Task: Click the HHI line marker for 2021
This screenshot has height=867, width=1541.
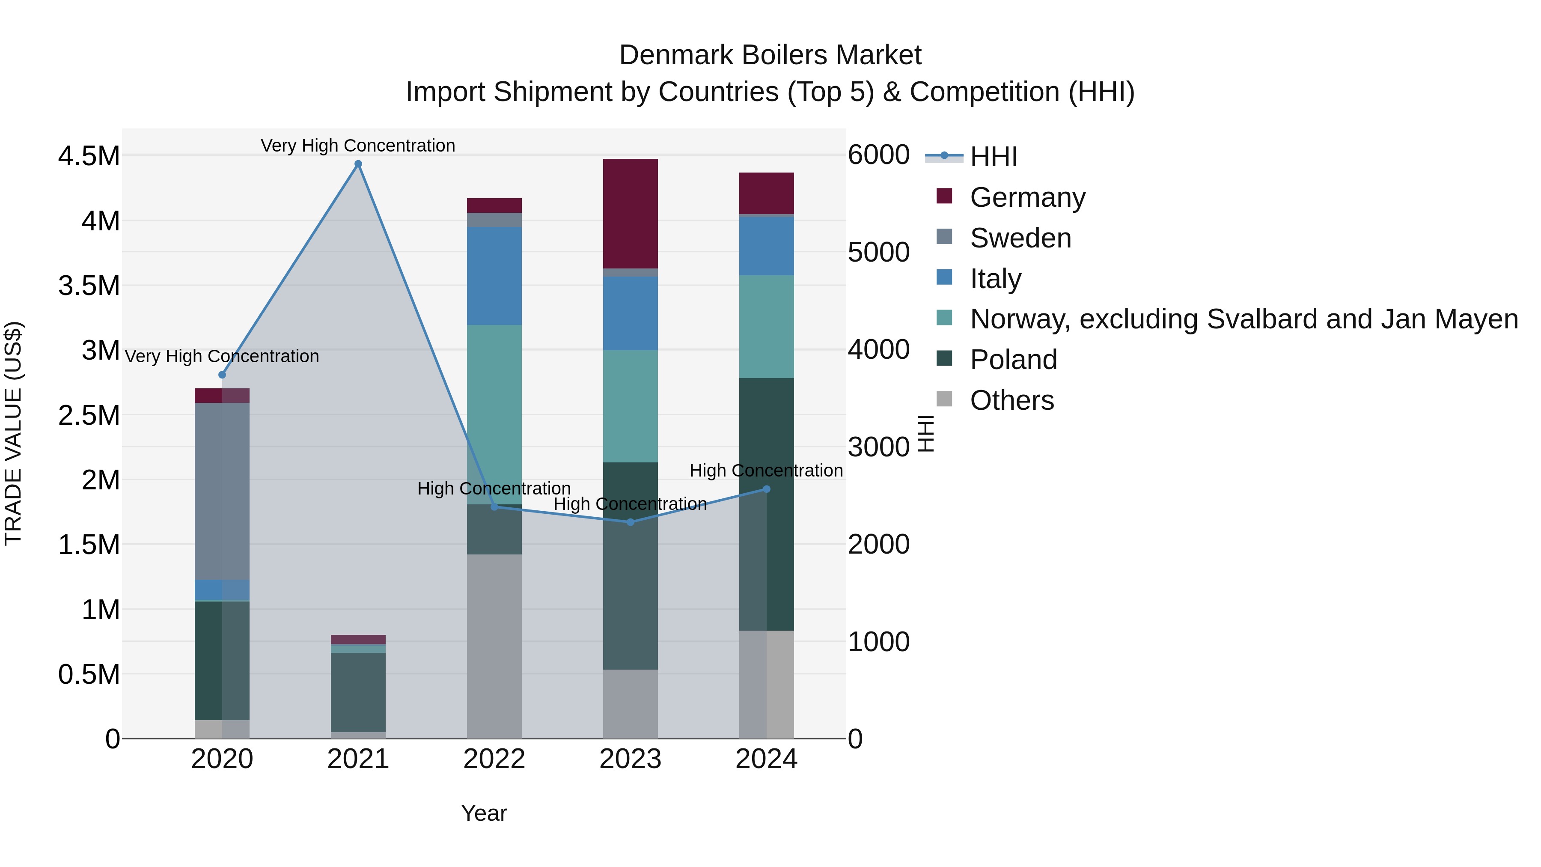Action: point(358,164)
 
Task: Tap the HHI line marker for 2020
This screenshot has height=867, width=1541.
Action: point(222,375)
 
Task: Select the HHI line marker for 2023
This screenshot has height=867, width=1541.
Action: point(630,522)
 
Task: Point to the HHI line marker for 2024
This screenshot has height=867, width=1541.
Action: point(766,489)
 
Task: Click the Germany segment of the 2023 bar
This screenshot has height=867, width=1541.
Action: point(630,214)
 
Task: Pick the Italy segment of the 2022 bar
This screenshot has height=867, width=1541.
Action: point(494,276)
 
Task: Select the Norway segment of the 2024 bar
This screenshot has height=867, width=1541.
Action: point(766,326)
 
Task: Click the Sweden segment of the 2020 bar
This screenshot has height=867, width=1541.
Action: point(222,491)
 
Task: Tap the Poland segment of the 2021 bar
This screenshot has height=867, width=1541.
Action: point(358,692)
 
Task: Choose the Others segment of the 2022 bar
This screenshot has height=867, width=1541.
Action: point(494,646)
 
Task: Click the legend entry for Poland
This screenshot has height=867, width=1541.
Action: point(1013,360)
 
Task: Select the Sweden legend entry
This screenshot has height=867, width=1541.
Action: point(1020,238)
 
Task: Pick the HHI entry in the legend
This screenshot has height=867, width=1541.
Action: point(993,157)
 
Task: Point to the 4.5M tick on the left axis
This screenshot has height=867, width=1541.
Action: point(89,156)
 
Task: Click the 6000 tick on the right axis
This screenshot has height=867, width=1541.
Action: point(878,155)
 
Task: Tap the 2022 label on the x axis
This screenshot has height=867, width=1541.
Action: point(494,759)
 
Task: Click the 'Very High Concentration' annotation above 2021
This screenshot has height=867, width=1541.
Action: point(358,146)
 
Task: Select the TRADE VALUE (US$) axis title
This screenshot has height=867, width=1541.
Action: point(13,433)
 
